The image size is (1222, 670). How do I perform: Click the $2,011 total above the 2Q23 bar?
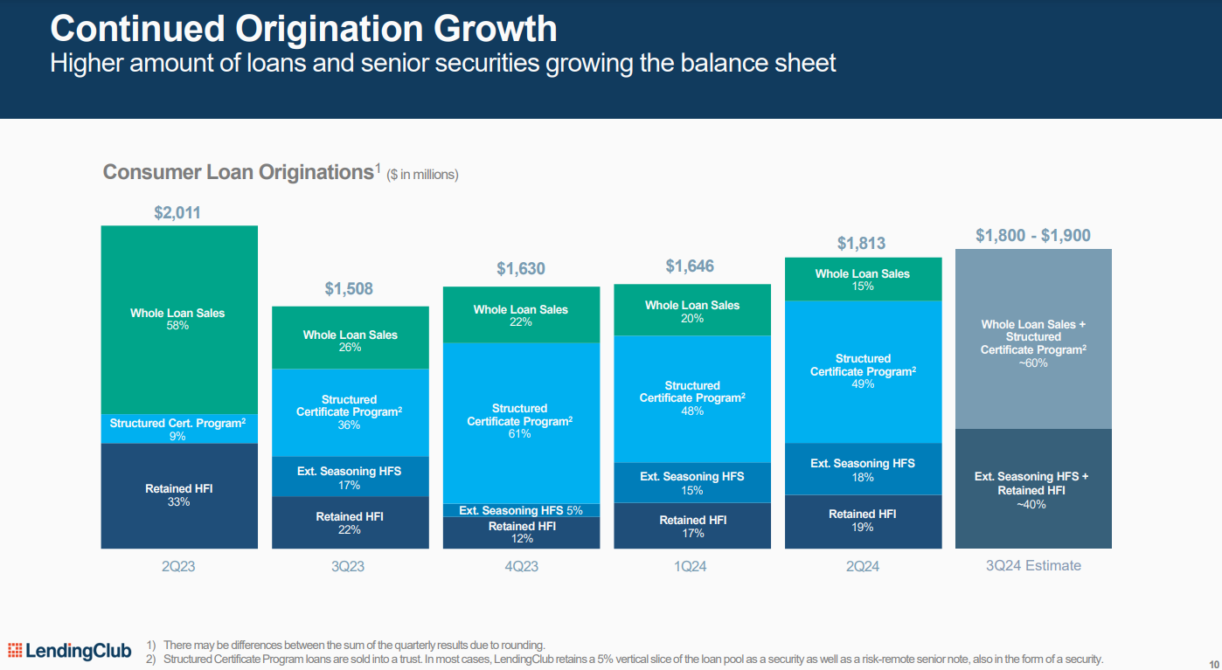[177, 213]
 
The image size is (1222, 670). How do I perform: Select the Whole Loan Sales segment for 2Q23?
[178, 320]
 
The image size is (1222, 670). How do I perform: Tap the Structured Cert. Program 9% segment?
[178, 429]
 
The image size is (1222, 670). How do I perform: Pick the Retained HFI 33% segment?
[178, 495]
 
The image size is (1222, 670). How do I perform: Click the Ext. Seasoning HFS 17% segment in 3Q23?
[349, 477]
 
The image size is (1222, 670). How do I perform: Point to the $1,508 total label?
[349, 289]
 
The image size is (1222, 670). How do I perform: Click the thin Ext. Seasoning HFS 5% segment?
[520, 510]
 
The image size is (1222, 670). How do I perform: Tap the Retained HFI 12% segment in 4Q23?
[520, 532]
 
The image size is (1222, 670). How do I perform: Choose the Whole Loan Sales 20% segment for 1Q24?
[691, 311]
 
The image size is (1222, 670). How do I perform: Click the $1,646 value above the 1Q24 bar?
[691, 266]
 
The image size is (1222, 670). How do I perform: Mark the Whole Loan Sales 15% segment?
[863, 280]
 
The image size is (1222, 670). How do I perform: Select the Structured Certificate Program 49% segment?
[863, 371]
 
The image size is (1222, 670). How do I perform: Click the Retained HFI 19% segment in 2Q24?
[863, 521]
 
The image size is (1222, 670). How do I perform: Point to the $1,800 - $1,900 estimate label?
[1032, 236]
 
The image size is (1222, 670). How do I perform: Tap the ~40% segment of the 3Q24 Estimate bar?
[1032, 489]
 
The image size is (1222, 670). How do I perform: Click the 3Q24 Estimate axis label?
[1032, 566]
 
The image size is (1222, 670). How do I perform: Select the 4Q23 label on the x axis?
[520, 566]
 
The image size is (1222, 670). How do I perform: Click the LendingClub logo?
[70, 651]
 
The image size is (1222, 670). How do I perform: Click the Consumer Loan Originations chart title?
[238, 172]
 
